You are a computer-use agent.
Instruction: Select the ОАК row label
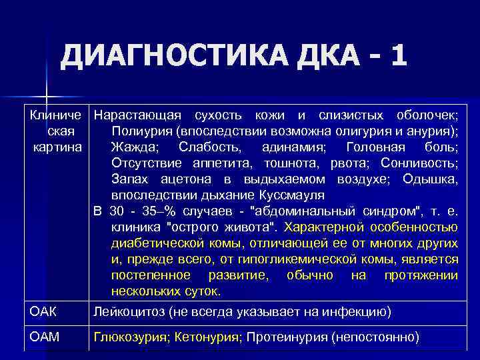pos(43,311)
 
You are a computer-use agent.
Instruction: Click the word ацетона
pos(183,179)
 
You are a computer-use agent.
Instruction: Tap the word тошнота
pos(293,163)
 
